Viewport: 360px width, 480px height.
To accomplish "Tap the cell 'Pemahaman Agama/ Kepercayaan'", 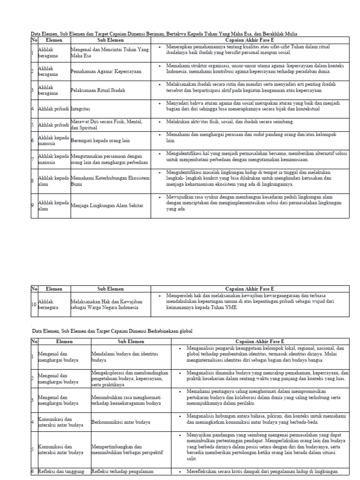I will (x=100, y=72).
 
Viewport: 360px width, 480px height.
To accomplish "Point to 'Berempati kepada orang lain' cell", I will (x=100, y=140).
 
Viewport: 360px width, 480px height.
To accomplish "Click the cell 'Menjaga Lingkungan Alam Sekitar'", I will (x=107, y=205).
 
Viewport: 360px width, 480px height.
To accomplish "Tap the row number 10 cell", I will (x=34, y=304).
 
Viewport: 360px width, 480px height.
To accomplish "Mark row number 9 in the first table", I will (x=34, y=205).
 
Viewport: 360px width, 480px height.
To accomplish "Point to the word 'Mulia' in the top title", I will (x=290, y=34).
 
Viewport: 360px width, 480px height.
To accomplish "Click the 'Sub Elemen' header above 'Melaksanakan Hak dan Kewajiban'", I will (x=110, y=289).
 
